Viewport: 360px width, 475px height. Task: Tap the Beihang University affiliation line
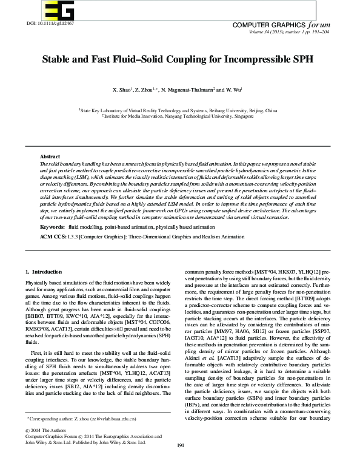tap(178, 111)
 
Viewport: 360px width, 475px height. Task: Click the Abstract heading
tap(50, 157)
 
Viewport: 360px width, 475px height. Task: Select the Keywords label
tap(52, 226)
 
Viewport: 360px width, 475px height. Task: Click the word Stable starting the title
tap(57, 61)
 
